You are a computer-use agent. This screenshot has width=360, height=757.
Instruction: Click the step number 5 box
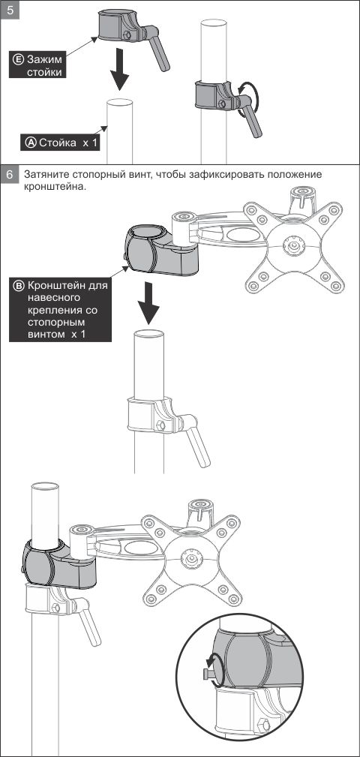[x=10, y=11]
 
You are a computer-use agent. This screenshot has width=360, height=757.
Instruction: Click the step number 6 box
[x=10, y=175]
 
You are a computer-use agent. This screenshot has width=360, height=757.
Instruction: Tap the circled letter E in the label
[x=18, y=59]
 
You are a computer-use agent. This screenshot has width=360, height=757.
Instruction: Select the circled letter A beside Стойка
[x=31, y=143]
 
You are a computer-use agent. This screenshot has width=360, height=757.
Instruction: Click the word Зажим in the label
[x=44, y=60]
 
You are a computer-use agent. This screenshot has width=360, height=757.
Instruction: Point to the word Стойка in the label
[x=58, y=143]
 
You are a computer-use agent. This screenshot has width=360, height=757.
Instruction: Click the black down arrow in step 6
[x=148, y=303]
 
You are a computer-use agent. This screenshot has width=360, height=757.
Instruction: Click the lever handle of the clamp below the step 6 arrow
[x=197, y=441]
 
